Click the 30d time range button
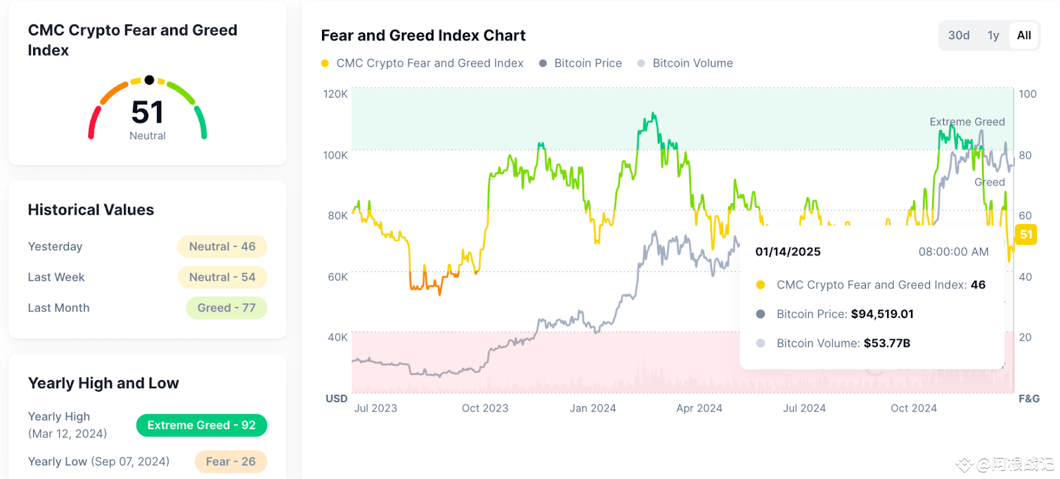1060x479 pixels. click(959, 36)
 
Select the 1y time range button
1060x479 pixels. click(993, 36)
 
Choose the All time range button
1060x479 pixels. click(1024, 36)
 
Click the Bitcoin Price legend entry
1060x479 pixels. click(588, 64)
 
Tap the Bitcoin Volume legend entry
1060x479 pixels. click(692, 64)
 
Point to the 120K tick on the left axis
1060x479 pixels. click(335, 94)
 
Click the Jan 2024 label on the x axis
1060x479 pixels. click(593, 408)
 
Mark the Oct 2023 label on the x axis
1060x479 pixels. click(485, 408)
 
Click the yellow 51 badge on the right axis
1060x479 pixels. click(1026, 235)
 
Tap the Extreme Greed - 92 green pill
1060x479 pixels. click(201, 425)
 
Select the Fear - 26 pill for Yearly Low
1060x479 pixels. click(231, 462)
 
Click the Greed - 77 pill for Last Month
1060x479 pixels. click(227, 308)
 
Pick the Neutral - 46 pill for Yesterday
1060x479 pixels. click(222, 246)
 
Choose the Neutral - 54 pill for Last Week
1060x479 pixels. click(222, 278)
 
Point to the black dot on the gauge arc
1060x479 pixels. click(150, 80)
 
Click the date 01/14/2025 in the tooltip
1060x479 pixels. click(788, 252)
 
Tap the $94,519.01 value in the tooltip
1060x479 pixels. click(882, 314)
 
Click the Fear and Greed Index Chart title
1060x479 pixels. click(423, 36)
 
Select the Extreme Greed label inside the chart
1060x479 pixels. click(967, 122)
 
